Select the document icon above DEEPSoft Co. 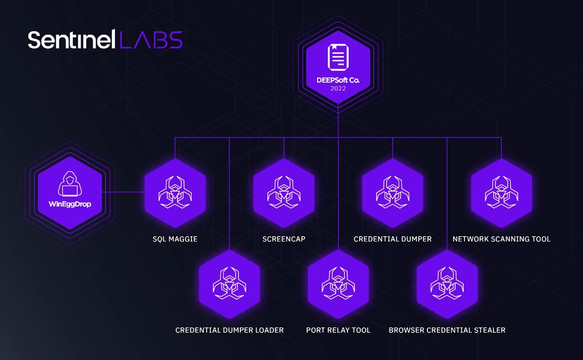338,57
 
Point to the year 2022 338,89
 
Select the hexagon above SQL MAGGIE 175,192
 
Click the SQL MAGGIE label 175,239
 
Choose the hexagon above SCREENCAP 284,192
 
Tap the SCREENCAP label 284,239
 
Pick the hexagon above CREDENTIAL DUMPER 393,192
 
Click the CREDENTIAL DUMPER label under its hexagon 393,239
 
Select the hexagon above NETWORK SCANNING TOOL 501,192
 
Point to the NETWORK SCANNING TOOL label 501,239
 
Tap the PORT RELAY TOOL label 338,330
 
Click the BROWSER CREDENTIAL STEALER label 447,330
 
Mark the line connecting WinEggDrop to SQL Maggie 124,192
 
